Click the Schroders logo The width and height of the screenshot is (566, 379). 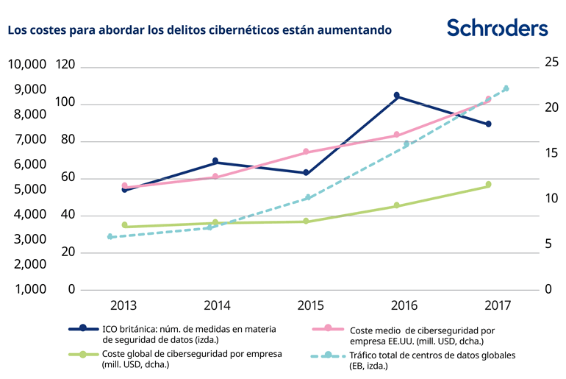[x=497, y=28]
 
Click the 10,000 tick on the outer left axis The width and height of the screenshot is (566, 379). [x=26, y=65]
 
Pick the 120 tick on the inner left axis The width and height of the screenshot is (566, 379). [x=65, y=65]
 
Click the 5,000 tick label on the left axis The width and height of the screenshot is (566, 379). [x=26, y=189]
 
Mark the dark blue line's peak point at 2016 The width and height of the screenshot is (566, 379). [x=397, y=96]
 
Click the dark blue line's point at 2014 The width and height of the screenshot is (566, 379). [x=215, y=160]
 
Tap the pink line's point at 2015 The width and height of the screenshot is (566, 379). [x=307, y=152]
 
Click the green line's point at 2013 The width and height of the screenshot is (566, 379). [x=124, y=224]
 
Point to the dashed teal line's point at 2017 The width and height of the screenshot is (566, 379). [x=506, y=88]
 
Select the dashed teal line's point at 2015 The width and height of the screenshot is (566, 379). [x=308, y=197]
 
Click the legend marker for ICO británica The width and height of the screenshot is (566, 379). [x=83, y=328]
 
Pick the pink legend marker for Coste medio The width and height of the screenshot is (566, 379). [x=328, y=328]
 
